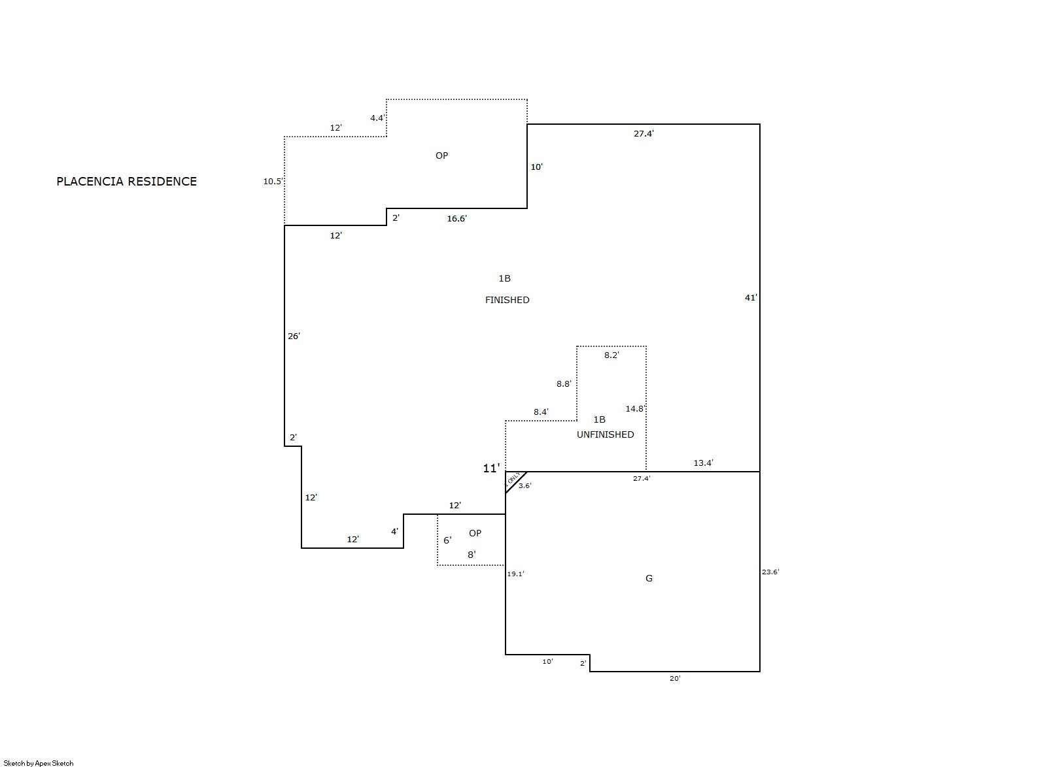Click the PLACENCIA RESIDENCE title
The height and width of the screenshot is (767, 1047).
126,181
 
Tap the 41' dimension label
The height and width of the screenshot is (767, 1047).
751,298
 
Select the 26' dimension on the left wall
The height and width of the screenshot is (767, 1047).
294,336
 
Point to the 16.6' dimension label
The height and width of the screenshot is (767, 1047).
456,218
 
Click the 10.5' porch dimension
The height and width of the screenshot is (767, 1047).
273,182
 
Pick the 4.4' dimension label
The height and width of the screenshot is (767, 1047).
377,118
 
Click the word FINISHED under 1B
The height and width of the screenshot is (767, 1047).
507,300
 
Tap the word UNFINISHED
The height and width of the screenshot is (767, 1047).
606,434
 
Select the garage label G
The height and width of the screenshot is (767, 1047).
649,578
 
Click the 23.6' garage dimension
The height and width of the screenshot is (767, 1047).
770,572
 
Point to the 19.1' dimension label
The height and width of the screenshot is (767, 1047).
515,574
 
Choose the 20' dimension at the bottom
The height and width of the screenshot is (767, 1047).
675,678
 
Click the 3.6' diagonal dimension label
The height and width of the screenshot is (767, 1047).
525,486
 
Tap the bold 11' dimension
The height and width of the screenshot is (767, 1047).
491,468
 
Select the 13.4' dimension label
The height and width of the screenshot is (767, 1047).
703,463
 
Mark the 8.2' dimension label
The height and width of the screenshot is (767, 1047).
611,355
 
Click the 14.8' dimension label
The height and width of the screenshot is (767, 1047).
635,409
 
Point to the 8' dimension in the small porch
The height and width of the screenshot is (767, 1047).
472,555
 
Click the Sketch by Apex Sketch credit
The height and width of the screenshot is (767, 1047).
39,763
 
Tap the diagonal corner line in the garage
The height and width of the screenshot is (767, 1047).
516,482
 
